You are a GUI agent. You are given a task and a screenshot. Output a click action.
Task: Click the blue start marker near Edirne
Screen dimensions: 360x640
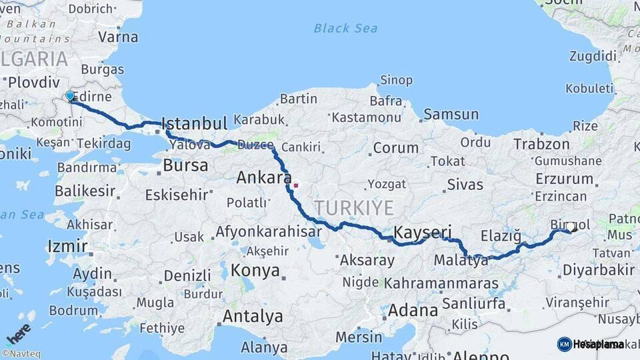(x=70, y=97)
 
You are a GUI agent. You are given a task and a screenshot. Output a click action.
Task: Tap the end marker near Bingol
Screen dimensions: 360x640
(x=571, y=227)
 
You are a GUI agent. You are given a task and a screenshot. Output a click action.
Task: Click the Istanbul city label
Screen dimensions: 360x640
(x=195, y=123)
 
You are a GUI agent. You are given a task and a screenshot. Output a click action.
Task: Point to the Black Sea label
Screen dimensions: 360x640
(x=345, y=28)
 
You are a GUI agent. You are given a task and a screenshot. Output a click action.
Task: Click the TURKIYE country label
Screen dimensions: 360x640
(x=354, y=207)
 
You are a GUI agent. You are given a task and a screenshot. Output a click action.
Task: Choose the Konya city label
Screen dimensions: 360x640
(x=255, y=271)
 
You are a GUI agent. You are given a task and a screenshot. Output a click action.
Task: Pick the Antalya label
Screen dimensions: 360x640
(x=253, y=316)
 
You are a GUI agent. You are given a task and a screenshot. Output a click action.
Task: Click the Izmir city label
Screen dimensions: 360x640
(x=67, y=247)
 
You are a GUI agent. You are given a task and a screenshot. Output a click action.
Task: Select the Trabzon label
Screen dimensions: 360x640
(x=541, y=144)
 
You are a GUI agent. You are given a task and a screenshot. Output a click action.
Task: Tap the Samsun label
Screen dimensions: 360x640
(x=451, y=115)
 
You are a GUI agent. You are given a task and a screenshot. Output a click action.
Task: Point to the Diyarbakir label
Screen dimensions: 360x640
(x=598, y=270)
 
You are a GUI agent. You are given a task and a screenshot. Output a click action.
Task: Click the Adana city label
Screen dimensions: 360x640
(x=413, y=310)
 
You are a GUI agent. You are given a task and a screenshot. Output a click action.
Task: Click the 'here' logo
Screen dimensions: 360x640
(x=19, y=331)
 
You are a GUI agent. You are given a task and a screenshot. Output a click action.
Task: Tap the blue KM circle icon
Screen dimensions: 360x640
(x=564, y=344)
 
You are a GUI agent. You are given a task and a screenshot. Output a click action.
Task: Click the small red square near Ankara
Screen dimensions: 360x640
(x=295, y=185)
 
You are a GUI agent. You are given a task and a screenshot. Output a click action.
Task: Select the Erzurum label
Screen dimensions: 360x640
(x=563, y=179)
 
